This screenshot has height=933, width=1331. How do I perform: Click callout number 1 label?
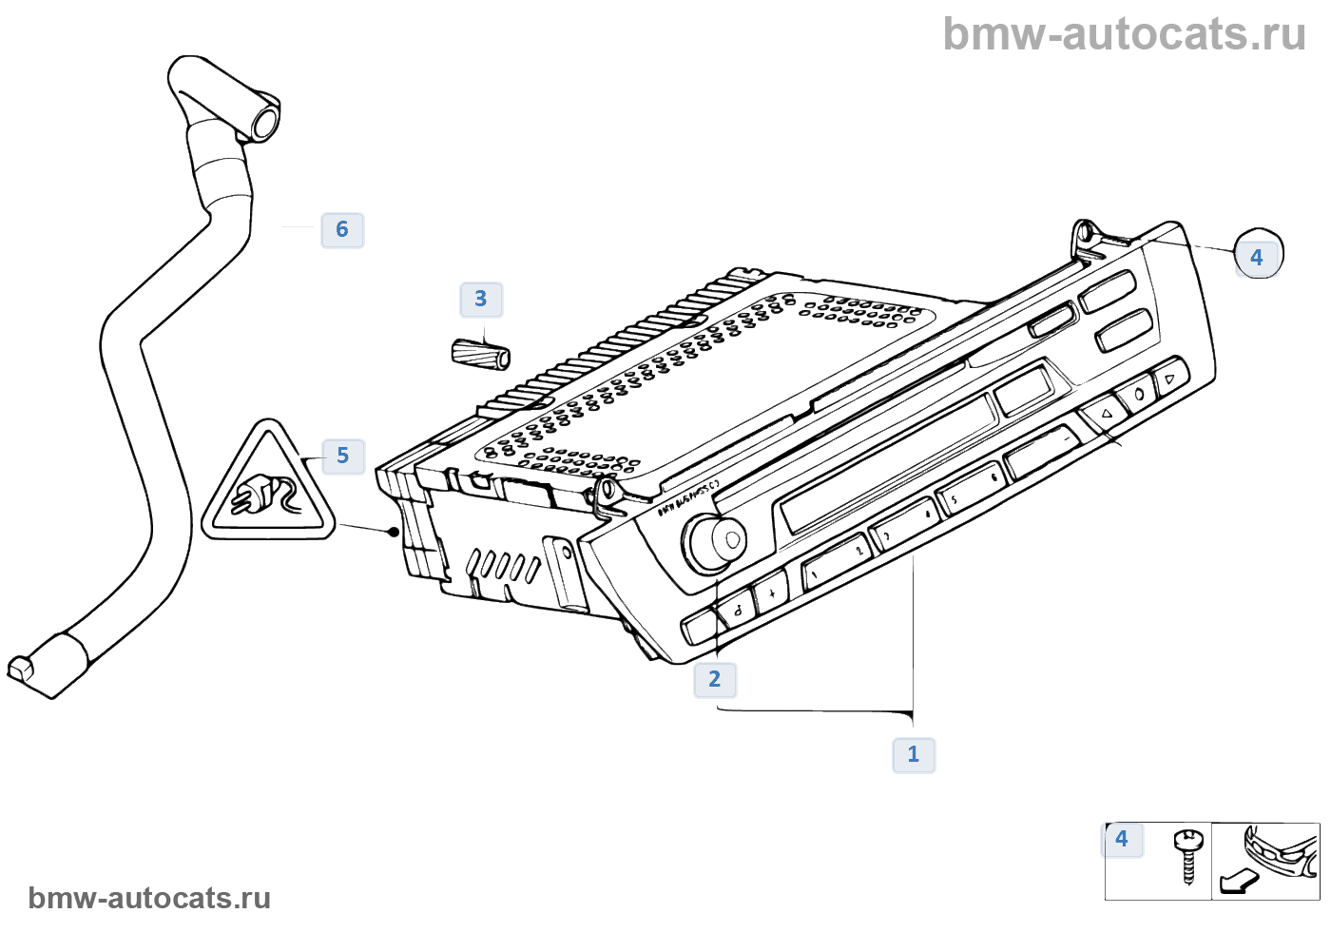(914, 754)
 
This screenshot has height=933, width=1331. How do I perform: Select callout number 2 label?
(715, 679)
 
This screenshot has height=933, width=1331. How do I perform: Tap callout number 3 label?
(481, 300)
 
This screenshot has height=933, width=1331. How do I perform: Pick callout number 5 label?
(343, 457)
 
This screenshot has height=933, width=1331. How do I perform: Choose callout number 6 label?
(342, 229)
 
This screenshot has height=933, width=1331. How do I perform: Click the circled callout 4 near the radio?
(1258, 255)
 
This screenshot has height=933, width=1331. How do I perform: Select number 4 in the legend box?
(1122, 839)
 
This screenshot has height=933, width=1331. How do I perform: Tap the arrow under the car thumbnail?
(1237, 882)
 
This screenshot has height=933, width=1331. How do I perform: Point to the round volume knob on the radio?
(716, 542)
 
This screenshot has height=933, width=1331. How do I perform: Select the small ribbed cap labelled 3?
(481, 354)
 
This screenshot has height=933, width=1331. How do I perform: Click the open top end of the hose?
(264, 122)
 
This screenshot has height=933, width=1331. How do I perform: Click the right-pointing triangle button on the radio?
(1170, 379)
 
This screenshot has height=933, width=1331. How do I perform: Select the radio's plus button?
(772, 593)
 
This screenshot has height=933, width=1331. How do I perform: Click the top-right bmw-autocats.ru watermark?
(1124, 34)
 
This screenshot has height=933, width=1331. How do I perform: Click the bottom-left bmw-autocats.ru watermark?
(149, 899)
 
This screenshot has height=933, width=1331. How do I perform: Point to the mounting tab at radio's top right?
(1084, 235)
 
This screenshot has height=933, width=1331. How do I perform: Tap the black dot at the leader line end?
(395, 532)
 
